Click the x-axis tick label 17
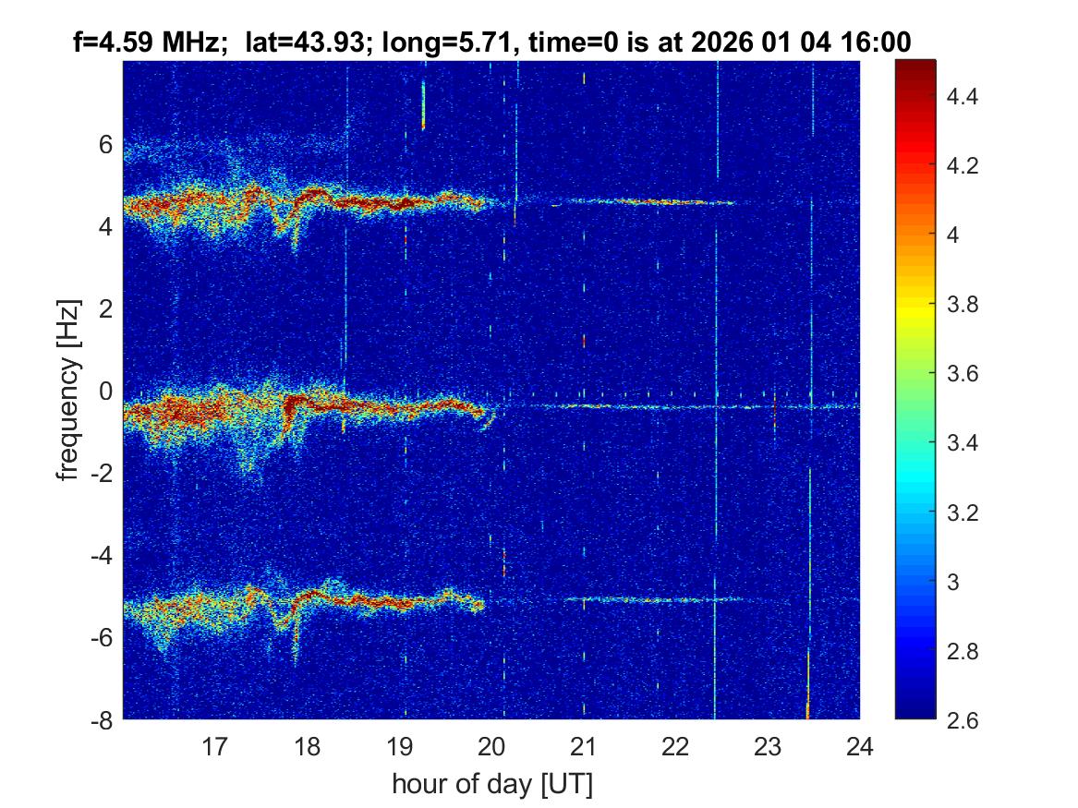(215, 746)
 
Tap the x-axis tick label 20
(491, 746)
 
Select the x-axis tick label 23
(768, 746)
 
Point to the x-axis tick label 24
(860, 746)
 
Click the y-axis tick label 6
(106, 144)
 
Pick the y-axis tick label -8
(101, 719)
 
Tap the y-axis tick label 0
(106, 391)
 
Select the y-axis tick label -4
(101, 555)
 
